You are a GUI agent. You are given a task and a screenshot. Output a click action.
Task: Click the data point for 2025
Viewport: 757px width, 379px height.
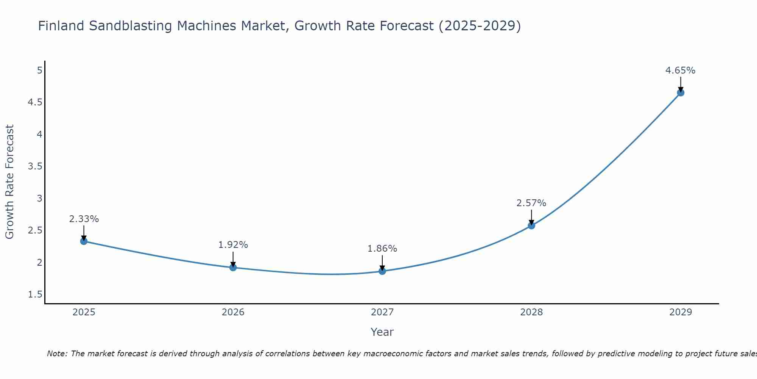click(84, 241)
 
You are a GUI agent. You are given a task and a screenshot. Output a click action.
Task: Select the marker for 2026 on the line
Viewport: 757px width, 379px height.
click(233, 268)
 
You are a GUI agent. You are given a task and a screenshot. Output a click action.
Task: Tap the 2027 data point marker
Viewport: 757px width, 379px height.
click(382, 271)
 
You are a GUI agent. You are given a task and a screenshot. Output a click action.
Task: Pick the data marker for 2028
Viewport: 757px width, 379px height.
click(531, 226)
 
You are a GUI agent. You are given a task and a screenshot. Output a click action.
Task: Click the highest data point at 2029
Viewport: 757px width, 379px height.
click(681, 92)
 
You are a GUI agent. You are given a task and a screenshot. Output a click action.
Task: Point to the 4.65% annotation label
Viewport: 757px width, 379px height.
click(680, 70)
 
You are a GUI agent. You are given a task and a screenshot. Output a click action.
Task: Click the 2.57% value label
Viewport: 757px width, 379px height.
click(531, 203)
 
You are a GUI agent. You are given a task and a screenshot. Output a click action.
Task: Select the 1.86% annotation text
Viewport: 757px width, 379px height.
click(382, 249)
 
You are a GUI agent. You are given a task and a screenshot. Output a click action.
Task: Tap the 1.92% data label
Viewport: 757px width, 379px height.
click(233, 245)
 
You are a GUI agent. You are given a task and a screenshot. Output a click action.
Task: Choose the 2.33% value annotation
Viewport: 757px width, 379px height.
click(84, 219)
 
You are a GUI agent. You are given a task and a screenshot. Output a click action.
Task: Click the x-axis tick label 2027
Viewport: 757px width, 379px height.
click(382, 312)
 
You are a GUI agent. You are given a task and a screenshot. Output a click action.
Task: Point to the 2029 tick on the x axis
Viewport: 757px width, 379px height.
click(681, 312)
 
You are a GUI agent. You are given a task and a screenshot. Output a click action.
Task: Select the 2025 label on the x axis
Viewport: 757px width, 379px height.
click(84, 312)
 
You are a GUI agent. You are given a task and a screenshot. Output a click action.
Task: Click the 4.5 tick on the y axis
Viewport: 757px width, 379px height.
click(35, 102)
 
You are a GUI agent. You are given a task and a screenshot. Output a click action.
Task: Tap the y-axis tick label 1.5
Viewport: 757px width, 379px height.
click(35, 294)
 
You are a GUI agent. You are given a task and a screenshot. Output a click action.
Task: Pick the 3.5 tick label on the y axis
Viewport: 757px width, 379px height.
click(35, 166)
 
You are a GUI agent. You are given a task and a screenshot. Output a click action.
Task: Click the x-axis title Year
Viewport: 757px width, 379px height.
click(382, 332)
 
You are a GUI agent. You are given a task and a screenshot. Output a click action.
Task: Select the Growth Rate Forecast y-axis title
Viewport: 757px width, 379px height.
click(10, 182)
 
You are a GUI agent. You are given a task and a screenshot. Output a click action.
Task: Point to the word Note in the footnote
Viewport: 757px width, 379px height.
click(57, 354)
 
